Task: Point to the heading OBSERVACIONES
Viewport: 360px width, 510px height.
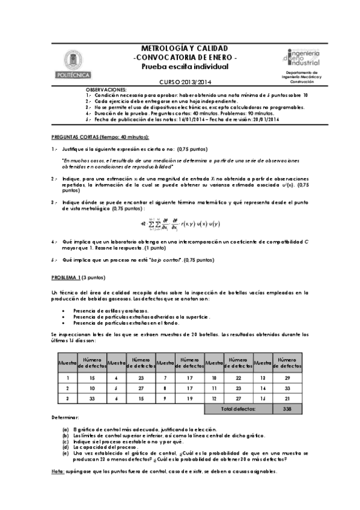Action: [106, 89]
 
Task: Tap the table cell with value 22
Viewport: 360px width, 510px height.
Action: [238, 378]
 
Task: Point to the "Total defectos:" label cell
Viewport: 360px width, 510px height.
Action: [238, 408]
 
